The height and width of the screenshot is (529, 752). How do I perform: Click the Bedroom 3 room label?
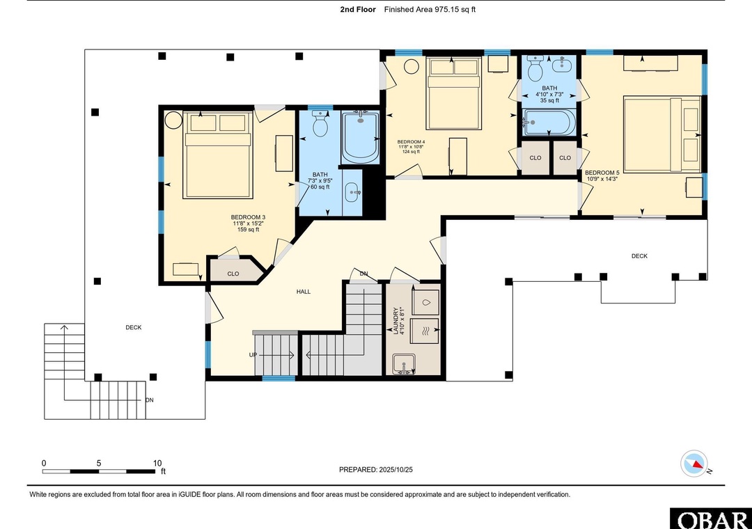(248, 217)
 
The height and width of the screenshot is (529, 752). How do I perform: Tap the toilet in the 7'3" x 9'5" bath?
(320, 123)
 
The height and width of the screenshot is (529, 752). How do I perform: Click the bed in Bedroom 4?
(453, 93)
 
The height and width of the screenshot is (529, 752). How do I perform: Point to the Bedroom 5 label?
(602, 173)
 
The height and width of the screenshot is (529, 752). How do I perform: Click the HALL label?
(303, 292)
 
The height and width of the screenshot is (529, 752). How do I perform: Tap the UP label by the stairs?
(253, 355)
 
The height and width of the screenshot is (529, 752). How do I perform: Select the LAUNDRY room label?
(395, 321)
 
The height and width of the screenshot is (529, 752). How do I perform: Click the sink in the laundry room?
(404, 364)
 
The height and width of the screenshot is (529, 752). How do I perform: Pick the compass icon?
(694, 464)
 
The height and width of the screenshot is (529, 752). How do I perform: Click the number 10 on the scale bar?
(157, 464)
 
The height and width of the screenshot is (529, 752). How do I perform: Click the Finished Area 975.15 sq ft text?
(430, 9)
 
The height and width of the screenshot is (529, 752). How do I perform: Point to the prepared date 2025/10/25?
(395, 470)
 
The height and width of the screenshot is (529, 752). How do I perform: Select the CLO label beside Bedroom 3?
(233, 274)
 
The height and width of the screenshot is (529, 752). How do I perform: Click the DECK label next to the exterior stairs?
(133, 328)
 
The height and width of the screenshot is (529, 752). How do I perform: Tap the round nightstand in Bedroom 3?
(173, 120)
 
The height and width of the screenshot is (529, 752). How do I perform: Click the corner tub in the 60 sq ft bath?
(360, 137)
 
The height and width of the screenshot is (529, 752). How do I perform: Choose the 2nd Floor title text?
(358, 9)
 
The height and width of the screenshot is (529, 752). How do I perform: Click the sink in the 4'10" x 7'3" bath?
(561, 64)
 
